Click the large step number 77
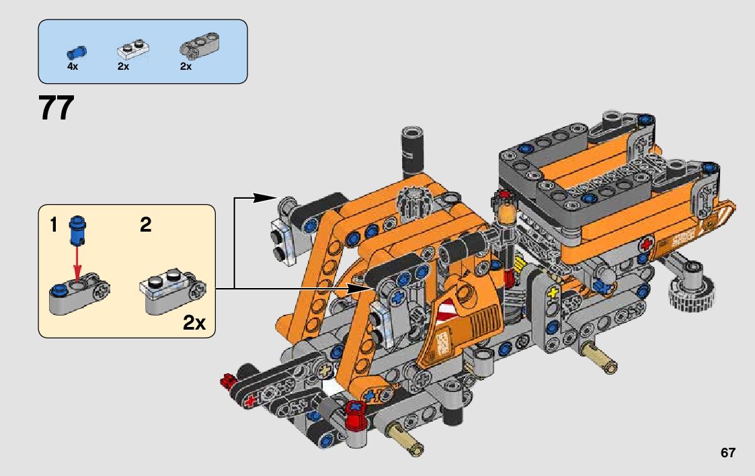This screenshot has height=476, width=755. click(x=56, y=108)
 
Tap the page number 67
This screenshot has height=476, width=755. click(x=727, y=453)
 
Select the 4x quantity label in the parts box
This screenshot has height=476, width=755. click(x=73, y=66)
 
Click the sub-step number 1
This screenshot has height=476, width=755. click(x=53, y=225)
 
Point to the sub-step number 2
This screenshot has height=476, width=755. click(x=146, y=225)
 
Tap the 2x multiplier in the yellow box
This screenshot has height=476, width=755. click(x=194, y=323)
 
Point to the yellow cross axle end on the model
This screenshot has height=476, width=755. click(x=554, y=291)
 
